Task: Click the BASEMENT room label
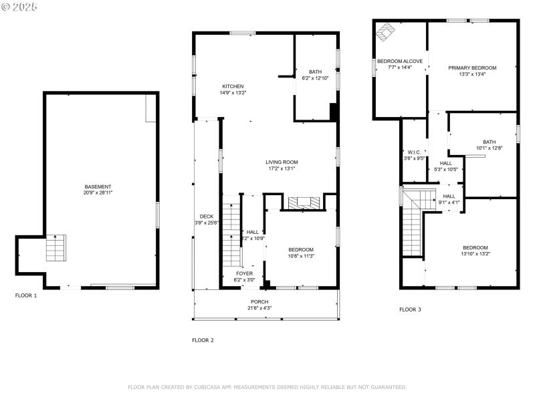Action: (98, 186)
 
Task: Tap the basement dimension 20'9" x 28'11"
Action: (98, 192)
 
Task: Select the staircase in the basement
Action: (56, 248)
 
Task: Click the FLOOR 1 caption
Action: (26, 295)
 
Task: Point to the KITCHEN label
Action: (233, 86)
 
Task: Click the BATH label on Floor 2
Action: (314, 72)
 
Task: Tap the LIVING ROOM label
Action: (282, 162)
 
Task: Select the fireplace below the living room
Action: (304, 203)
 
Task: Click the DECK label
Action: (206, 216)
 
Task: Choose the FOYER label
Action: (244, 273)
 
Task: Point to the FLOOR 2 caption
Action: (203, 340)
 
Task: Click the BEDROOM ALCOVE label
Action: (399, 61)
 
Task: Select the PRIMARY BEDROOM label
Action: (472, 68)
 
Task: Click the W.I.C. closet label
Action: (413, 152)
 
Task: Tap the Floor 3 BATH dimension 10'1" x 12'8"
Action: (490, 148)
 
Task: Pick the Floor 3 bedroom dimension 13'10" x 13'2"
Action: (475, 253)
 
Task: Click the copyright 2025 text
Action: (19, 6)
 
